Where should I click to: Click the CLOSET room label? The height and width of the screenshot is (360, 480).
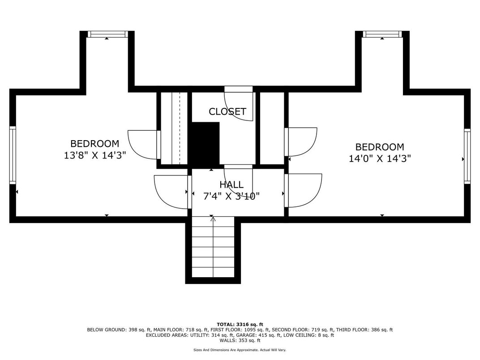227,111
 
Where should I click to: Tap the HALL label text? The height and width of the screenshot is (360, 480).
231,184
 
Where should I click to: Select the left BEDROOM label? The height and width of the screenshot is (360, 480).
94,144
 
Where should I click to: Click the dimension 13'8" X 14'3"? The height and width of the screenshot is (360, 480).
94,155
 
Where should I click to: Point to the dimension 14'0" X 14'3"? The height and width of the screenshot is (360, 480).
380,159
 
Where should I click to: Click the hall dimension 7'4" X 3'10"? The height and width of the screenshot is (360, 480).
231,196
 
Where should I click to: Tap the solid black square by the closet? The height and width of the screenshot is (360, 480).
206,144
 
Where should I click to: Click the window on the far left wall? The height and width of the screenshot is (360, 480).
13,155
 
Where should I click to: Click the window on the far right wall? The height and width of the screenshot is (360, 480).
467,156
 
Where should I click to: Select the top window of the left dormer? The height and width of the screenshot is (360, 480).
107,34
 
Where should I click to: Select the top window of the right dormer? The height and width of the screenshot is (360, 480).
382,34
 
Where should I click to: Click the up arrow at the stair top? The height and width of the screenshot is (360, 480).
213,219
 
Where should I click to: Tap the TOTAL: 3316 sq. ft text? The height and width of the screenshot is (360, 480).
240,324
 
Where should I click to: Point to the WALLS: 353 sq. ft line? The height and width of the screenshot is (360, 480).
240,340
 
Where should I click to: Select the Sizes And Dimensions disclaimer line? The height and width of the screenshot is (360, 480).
240,350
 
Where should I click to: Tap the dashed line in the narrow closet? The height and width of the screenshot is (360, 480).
180,129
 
